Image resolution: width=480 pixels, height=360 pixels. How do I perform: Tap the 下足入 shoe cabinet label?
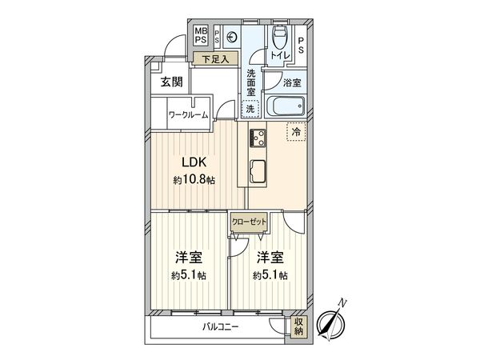pos(214,58)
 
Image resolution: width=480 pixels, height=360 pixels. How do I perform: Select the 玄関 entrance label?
pos(171,82)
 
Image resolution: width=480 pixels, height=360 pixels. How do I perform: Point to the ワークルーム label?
pos(188,114)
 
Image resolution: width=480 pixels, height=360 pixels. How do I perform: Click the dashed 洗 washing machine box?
pos(250,108)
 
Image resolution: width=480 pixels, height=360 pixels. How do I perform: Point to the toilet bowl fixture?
pos(279,36)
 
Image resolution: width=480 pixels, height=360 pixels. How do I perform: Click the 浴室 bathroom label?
pos(293,82)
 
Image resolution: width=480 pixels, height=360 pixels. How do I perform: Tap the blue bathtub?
pos(285,106)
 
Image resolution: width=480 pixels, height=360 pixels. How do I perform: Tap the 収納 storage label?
pos(298,326)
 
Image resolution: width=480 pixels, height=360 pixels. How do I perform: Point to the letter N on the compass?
pos(342,302)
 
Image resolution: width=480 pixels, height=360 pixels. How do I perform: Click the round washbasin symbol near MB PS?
pos(231,35)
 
